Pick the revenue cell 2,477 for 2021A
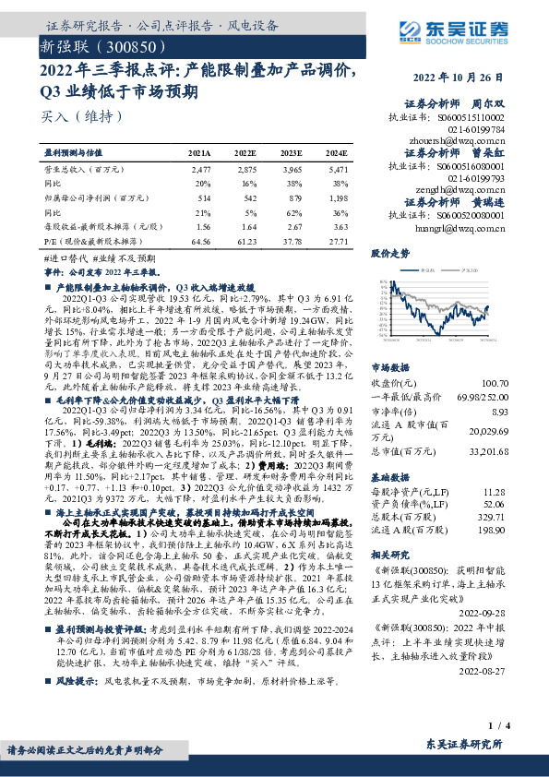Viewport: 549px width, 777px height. point(201,171)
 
